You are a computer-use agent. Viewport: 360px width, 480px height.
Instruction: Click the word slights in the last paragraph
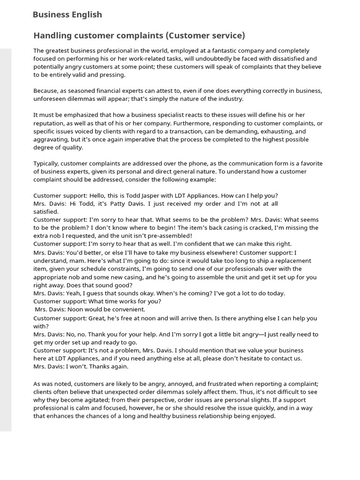(259, 400)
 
